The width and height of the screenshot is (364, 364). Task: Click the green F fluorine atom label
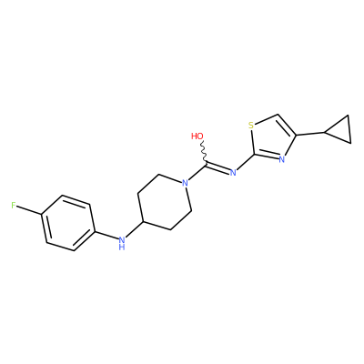point(14,206)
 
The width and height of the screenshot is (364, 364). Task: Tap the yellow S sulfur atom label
point(251,125)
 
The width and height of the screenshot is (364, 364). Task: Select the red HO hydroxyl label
point(197,136)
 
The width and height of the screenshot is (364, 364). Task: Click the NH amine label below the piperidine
point(122,243)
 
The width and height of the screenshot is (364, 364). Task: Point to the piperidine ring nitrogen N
point(185,183)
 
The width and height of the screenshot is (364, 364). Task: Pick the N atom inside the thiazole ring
point(282,159)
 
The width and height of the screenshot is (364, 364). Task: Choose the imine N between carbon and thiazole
point(233,173)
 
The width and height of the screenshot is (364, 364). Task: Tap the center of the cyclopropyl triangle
point(341,130)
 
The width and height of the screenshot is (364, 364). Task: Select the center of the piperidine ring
point(165,202)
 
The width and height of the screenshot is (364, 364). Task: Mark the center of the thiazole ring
point(271,138)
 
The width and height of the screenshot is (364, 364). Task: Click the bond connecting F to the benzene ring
point(29,210)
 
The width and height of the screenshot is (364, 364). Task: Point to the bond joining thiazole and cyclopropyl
point(310,134)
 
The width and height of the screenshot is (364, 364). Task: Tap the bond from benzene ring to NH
point(106,235)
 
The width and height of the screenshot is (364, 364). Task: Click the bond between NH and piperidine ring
point(135,229)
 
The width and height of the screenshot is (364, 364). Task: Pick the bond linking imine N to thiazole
point(245,162)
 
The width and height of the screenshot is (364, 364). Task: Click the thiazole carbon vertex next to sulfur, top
point(278,115)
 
